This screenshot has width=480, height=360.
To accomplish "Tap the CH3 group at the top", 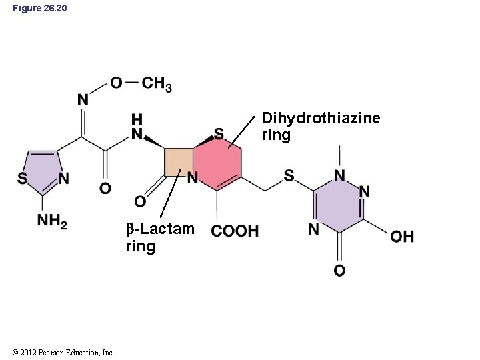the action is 157,84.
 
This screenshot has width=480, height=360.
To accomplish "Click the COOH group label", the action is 235,231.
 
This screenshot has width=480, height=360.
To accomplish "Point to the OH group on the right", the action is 402,236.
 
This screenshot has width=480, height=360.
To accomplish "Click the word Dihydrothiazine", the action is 321,119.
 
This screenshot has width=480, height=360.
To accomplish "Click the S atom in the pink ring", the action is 219,135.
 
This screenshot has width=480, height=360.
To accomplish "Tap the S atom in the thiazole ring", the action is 22,179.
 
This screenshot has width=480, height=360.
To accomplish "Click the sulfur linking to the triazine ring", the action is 289,175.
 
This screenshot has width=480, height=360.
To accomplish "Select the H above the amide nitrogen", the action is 137,119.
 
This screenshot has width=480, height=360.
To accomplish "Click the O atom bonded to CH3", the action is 116,83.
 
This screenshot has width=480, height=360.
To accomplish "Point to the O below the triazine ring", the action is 339,270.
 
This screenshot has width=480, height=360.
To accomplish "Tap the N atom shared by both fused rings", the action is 192,178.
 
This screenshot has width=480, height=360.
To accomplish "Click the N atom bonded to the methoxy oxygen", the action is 83,100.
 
